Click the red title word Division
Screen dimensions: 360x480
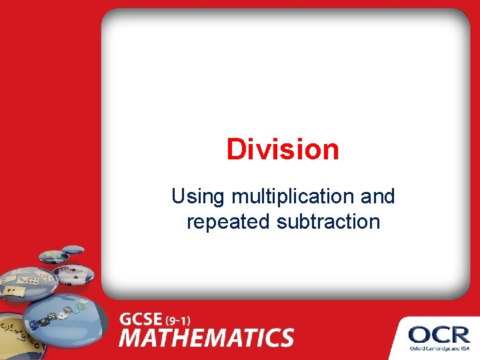pyautogui.click(x=283, y=149)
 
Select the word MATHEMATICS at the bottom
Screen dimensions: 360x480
pyautogui.click(x=207, y=337)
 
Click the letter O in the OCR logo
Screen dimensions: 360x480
pyautogui.click(x=420, y=333)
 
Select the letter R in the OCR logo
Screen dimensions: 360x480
pyautogui.click(x=459, y=333)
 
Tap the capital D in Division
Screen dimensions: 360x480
pyautogui.click(x=235, y=149)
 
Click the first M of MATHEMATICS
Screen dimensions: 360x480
pyautogui.click(x=133, y=337)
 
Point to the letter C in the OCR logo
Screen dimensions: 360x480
pyautogui.click(x=440, y=333)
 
